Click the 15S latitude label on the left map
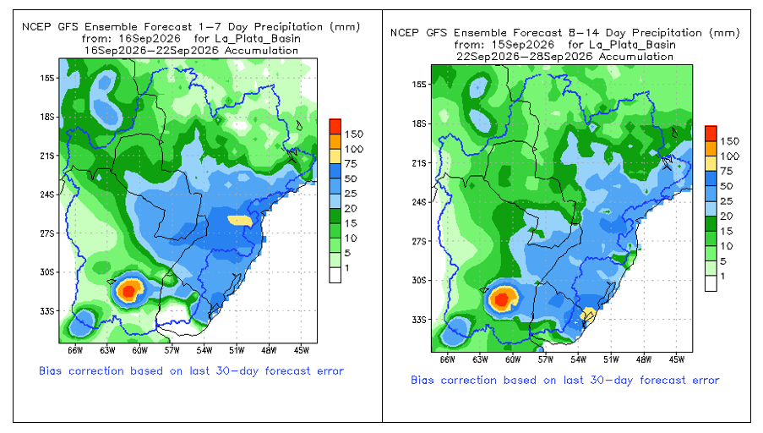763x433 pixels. click(x=46, y=78)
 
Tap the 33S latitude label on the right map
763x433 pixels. click(x=419, y=320)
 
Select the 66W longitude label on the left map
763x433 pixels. click(x=75, y=350)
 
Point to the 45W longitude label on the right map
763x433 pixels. click(x=676, y=359)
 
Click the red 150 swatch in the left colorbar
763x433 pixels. click(x=335, y=127)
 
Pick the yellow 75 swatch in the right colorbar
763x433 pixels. click(x=711, y=163)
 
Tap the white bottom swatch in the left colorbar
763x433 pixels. click(x=335, y=275)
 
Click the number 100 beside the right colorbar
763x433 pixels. click(x=730, y=156)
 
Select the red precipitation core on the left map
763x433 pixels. click(x=128, y=291)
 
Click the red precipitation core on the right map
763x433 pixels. click(x=501, y=299)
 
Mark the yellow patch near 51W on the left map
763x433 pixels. click(x=240, y=221)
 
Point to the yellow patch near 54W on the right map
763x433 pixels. click(x=588, y=314)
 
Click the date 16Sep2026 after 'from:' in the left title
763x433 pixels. click(x=150, y=39)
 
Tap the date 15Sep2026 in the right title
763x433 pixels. click(x=524, y=45)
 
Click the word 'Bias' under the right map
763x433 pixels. click(x=422, y=380)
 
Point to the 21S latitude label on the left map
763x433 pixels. click(x=46, y=156)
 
